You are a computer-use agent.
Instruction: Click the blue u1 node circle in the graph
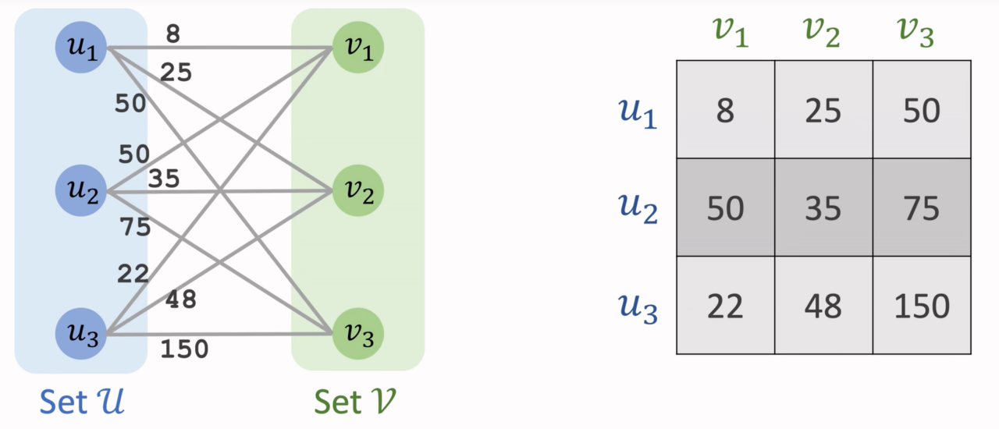(x=81, y=48)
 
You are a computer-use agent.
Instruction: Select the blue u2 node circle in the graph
(x=81, y=190)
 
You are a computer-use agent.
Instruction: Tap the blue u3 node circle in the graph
(x=81, y=334)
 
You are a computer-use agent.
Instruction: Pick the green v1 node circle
(x=357, y=48)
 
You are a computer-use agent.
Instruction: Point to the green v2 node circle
(x=357, y=190)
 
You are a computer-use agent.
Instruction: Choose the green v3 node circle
(x=357, y=334)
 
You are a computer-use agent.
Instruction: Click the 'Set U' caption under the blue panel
(x=82, y=402)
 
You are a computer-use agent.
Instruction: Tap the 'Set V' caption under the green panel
(x=355, y=402)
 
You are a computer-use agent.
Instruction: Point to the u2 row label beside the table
(x=638, y=208)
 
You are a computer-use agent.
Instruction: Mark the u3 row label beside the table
(x=638, y=307)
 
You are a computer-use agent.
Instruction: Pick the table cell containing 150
(x=922, y=306)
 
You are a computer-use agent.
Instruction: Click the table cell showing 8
(x=725, y=110)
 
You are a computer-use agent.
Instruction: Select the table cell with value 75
(x=922, y=208)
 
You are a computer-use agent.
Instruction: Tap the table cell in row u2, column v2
(x=823, y=208)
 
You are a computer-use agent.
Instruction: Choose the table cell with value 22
(x=725, y=306)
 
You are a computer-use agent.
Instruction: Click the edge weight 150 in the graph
(x=184, y=349)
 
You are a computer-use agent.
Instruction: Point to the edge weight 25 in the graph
(x=176, y=73)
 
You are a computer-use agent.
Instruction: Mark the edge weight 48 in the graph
(x=181, y=300)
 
